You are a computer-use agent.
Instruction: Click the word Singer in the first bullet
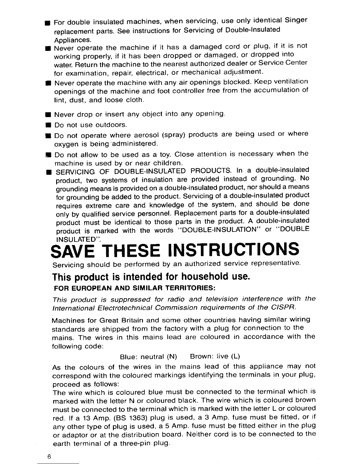(296, 20)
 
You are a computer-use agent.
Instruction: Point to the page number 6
(49, 457)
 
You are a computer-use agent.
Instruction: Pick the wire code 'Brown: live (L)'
(215, 357)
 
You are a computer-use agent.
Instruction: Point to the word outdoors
(111, 125)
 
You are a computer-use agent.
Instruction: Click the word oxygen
(66, 144)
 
